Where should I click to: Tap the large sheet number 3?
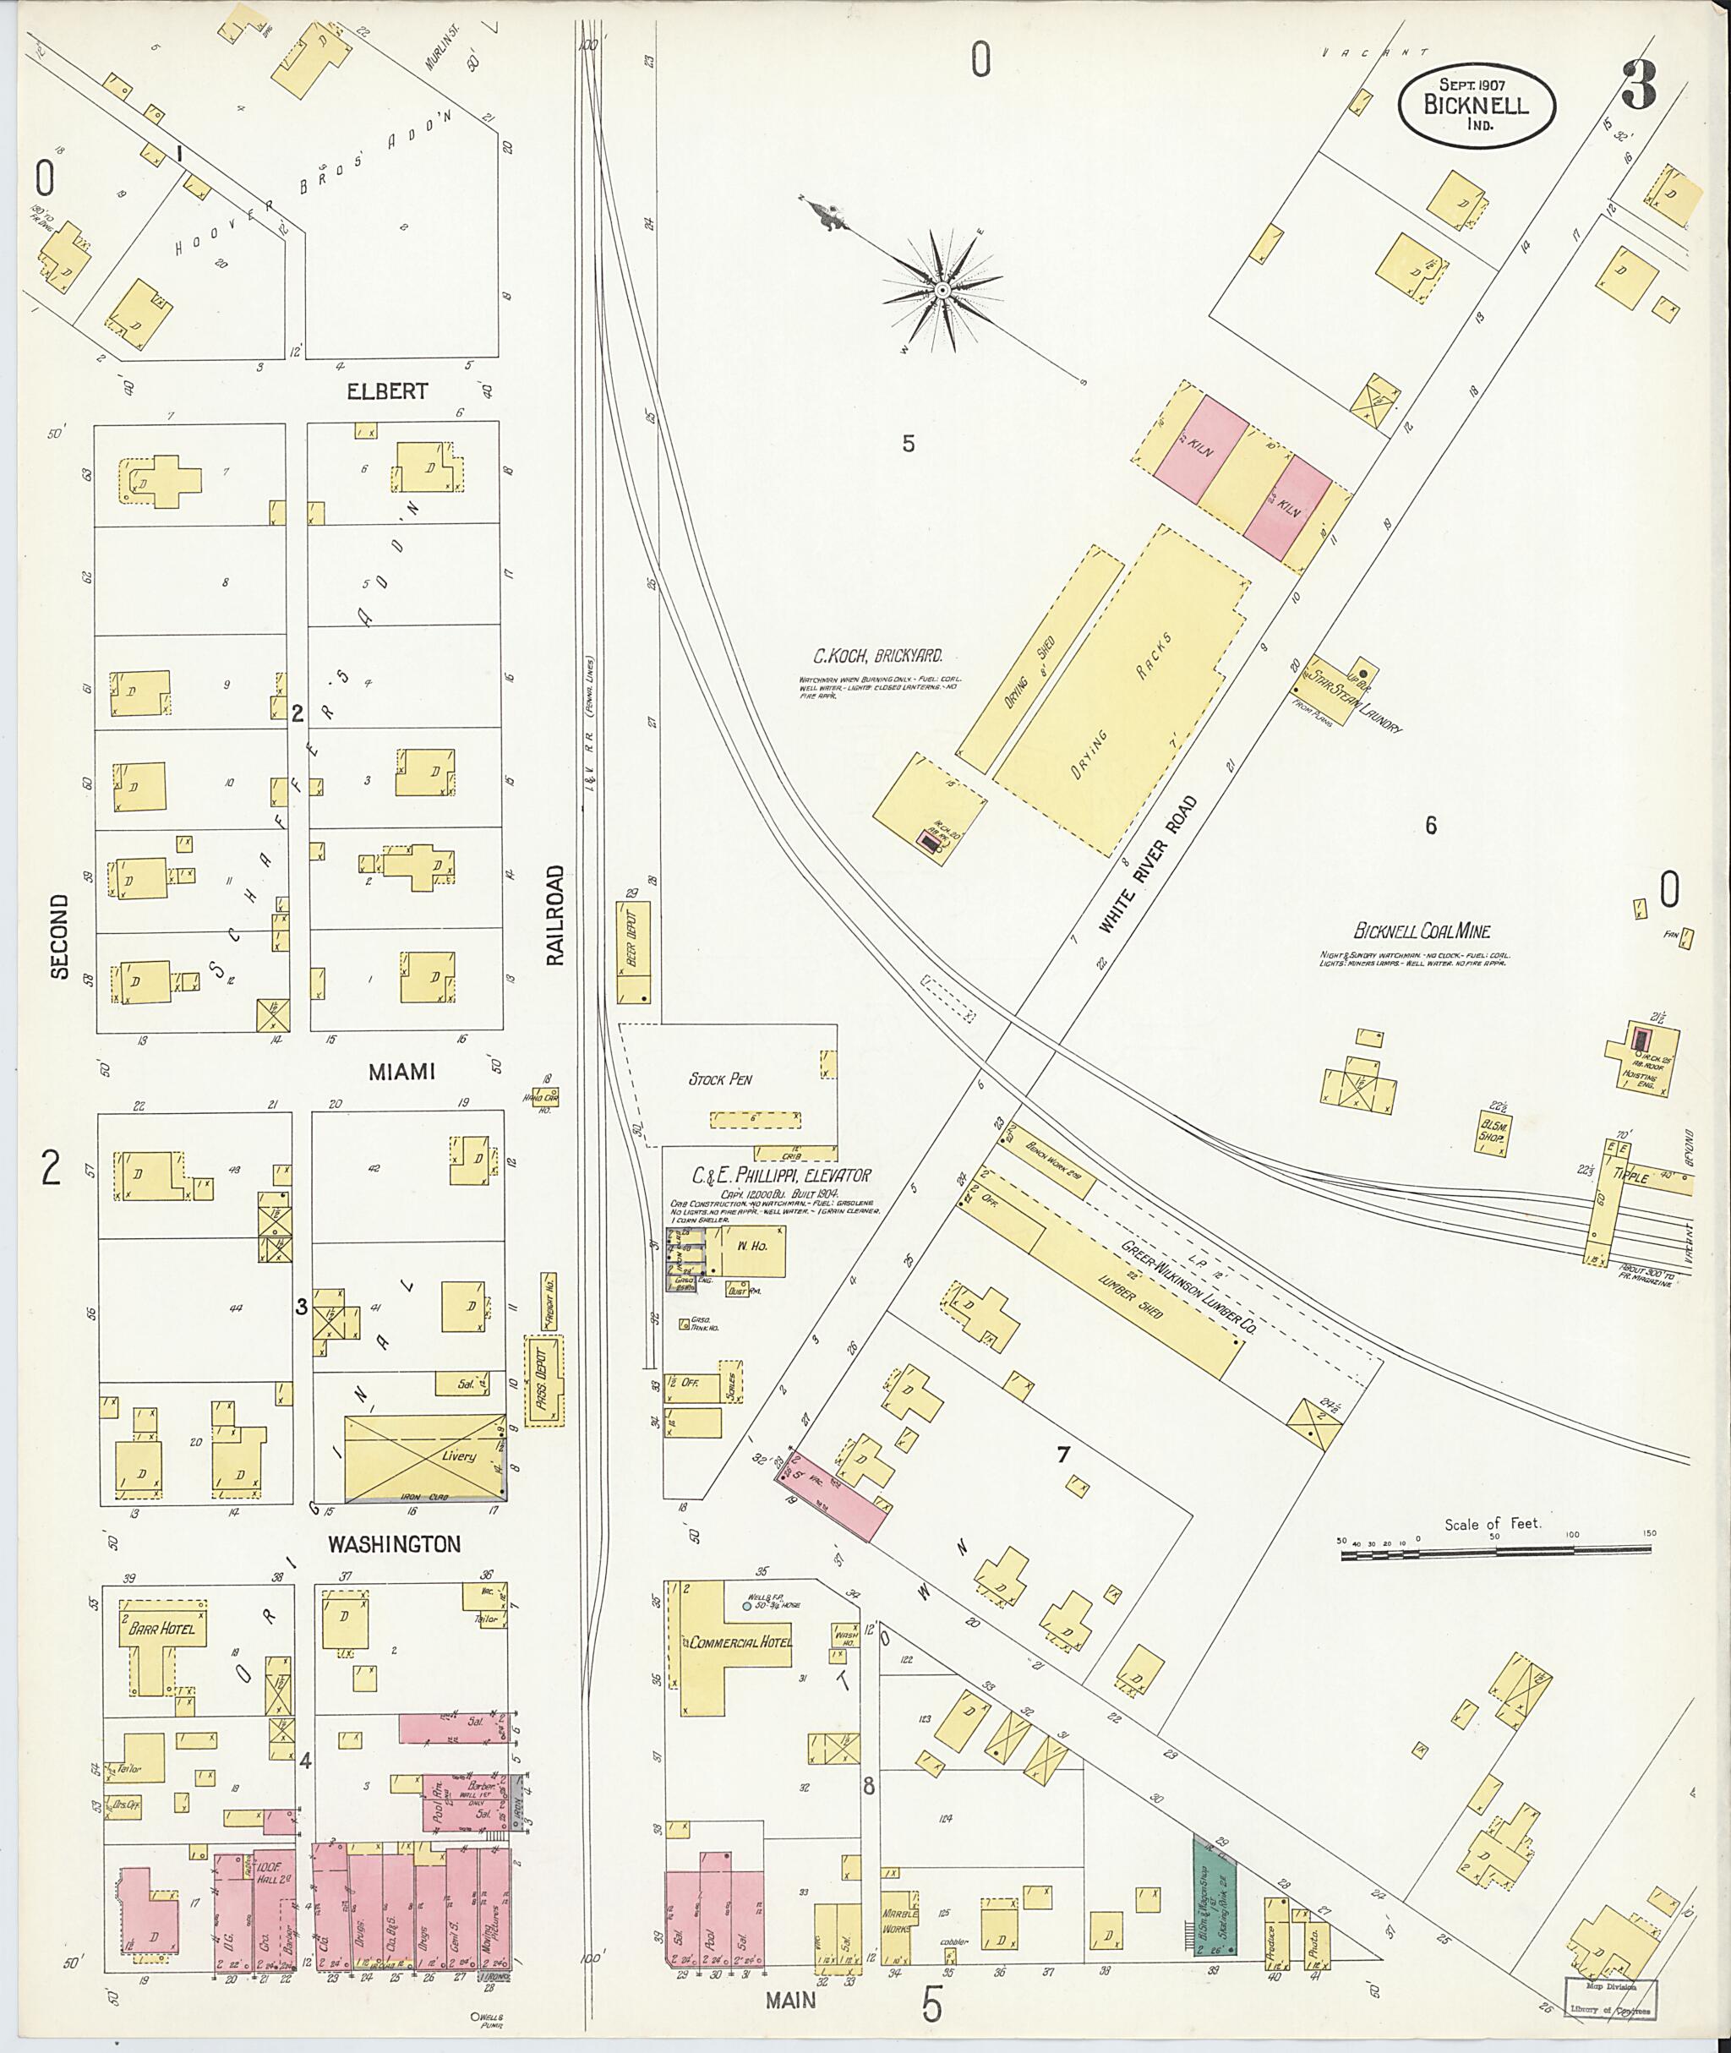(x=1638, y=86)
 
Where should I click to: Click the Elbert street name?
(x=386, y=390)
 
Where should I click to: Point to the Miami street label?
(x=401, y=1073)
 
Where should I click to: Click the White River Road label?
(x=1148, y=864)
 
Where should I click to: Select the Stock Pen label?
(x=720, y=1079)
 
